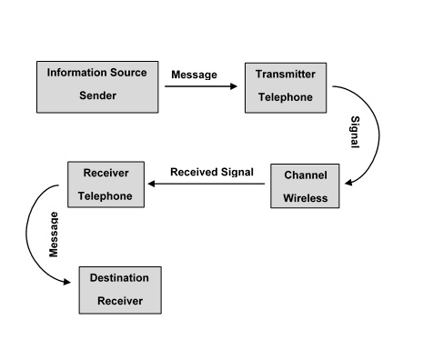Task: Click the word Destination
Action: coord(119,277)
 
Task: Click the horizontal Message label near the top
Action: coord(194,75)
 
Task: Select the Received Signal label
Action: coord(211,171)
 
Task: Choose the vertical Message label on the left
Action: coord(54,234)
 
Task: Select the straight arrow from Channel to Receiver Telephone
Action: coord(208,185)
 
